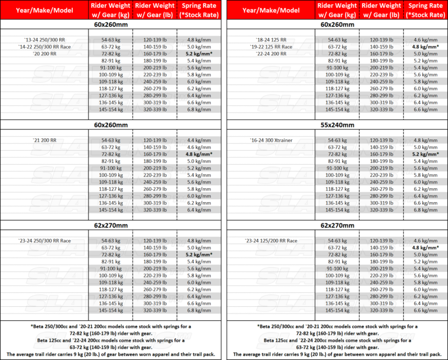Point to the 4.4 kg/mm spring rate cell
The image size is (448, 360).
[x=199, y=139]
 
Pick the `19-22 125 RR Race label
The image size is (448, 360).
[x=272, y=47]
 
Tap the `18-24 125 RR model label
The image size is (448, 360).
[x=268, y=40]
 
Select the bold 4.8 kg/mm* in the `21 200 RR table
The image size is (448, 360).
[x=199, y=153]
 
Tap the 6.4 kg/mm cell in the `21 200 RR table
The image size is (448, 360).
[x=199, y=209]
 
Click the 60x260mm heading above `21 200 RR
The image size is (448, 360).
[x=111, y=125]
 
